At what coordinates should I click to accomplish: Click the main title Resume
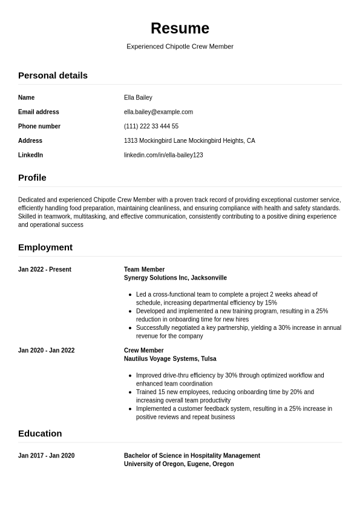tap(180, 28)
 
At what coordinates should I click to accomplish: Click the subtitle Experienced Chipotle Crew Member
tap(180, 47)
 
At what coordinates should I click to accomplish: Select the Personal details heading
tap(53, 76)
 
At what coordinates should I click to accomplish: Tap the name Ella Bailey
tap(138, 97)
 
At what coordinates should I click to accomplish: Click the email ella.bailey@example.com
tap(158, 112)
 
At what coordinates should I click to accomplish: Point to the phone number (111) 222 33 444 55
tap(151, 126)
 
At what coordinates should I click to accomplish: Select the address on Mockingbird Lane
tap(189, 141)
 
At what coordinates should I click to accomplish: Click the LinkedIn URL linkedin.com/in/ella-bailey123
tap(163, 156)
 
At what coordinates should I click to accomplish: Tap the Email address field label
tap(39, 112)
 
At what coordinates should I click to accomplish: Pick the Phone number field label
tap(39, 126)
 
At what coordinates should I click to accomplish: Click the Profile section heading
tap(32, 178)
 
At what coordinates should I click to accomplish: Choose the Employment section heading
tap(45, 248)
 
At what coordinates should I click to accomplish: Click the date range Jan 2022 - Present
tap(45, 270)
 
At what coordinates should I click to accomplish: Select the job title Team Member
tap(144, 270)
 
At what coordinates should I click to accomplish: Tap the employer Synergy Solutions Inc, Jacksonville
tap(175, 278)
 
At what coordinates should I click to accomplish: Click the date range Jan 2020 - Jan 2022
tap(46, 351)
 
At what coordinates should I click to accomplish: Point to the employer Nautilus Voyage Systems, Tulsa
tap(170, 359)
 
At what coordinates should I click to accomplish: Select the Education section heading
tap(40, 434)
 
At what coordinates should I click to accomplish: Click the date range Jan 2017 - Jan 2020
tap(46, 456)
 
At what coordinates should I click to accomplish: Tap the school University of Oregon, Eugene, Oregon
tap(178, 464)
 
